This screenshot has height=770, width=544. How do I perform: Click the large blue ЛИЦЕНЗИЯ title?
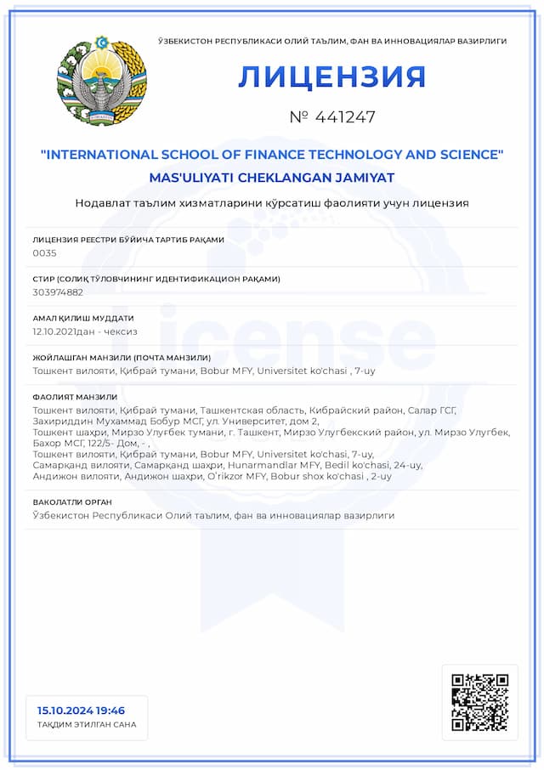(x=331, y=76)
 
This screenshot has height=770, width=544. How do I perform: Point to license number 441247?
(x=331, y=117)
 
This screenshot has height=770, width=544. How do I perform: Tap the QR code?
(x=479, y=702)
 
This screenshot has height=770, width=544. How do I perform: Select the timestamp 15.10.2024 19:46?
(x=81, y=711)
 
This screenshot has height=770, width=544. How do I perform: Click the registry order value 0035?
(x=44, y=253)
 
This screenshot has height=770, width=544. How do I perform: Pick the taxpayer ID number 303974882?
(x=58, y=292)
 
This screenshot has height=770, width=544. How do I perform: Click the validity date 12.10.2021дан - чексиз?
(x=85, y=331)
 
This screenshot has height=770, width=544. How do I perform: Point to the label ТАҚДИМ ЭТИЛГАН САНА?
(x=87, y=725)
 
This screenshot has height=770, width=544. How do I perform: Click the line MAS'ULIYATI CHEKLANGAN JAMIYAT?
(x=272, y=178)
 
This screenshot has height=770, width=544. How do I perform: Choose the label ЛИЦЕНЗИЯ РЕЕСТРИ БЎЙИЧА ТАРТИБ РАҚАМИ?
(x=128, y=240)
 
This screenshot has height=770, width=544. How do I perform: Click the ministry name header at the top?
(x=332, y=41)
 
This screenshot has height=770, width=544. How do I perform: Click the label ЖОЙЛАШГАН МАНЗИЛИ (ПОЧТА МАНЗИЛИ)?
(x=122, y=358)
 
